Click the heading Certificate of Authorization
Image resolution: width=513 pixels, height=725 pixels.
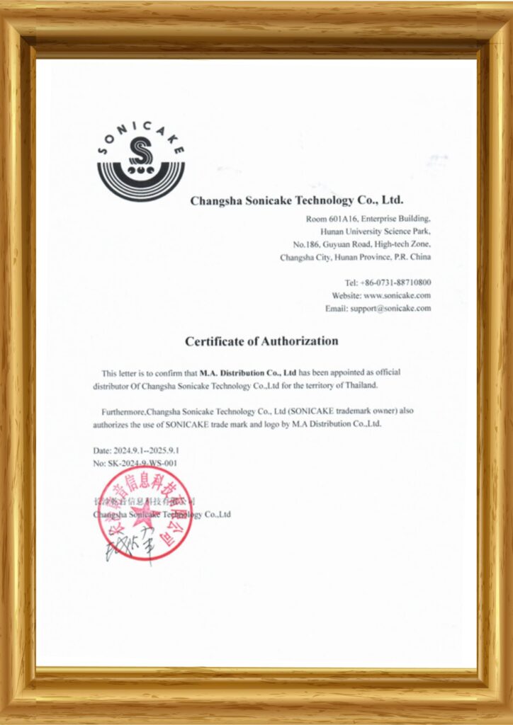[261, 341]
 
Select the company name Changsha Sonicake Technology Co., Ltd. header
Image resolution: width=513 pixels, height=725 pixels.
[297, 201]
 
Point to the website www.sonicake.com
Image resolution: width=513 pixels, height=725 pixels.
[397, 295]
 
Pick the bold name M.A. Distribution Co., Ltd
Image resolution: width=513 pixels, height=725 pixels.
[248, 372]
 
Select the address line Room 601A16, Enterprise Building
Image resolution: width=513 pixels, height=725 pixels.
[368, 219]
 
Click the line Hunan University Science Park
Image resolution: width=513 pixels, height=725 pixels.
[375, 232]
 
